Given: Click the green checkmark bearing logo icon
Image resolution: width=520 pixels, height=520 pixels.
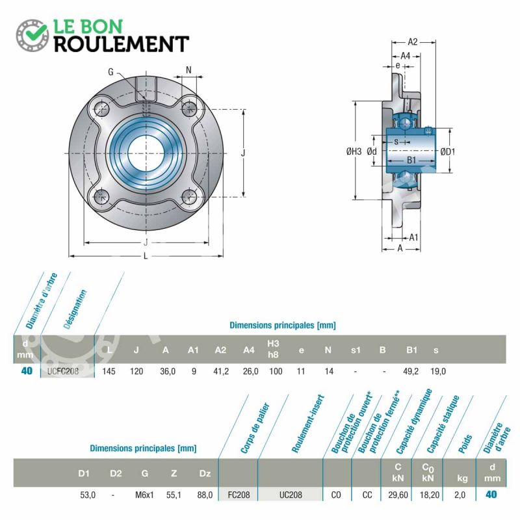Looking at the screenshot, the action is click(32, 35).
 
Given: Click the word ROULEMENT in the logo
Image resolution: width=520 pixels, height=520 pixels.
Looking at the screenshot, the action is click(122, 44).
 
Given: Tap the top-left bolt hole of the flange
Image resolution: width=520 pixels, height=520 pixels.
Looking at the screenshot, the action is click(101, 109).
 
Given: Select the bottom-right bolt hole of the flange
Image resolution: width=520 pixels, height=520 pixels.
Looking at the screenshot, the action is click(190, 197).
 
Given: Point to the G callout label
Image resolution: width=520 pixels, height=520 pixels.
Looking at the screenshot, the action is click(110, 71).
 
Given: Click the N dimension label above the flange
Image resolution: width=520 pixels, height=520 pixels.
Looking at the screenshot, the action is click(188, 70).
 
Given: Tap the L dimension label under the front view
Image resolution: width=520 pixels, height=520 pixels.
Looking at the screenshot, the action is click(146, 256).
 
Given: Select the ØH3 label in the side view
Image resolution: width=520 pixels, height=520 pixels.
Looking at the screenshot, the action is click(354, 151).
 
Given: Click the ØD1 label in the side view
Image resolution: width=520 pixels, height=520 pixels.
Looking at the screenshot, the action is click(448, 152).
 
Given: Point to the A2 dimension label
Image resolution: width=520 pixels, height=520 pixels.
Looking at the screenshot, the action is click(413, 42).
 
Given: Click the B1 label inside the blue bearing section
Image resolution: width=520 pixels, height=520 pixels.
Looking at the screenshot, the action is click(411, 160).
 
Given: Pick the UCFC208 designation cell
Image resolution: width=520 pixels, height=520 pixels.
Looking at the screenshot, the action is click(63, 371).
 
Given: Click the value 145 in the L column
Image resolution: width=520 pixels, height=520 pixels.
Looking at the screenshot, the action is click(109, 371).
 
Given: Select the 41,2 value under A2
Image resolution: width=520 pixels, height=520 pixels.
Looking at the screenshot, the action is click(221, 371).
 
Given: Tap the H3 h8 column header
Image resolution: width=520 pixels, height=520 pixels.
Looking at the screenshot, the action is click(273, 349).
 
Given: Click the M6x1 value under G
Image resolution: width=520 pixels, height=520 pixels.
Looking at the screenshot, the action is click(144, 495).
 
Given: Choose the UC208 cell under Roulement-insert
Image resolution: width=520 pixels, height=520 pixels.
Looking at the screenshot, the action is click(291, 495).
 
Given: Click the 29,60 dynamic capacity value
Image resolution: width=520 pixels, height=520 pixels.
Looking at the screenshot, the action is click(398, 495).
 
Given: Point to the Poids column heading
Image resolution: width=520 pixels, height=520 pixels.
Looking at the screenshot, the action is click(465, 444).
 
